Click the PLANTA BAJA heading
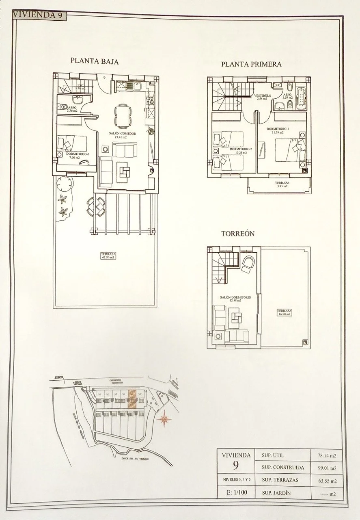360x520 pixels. tap(94, 61)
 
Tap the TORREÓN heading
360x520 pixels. tap(237, 234)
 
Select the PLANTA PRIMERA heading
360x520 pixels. tap(251, 64)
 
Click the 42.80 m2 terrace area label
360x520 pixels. tap(108, 255)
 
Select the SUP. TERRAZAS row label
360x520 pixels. tap(280, 480)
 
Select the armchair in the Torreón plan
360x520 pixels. tap(247, 263)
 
